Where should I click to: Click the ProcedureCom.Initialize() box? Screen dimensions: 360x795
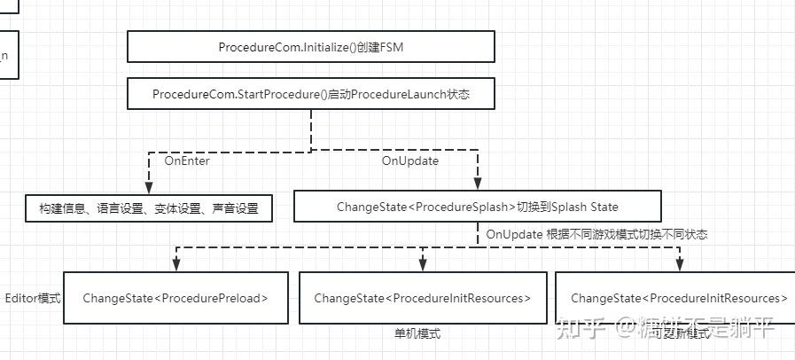pyautogui.click(x=311, y=47)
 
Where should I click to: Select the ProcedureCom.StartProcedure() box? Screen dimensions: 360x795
pyautogui.click(x=311, y=94)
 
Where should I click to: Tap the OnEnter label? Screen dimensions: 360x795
pyautogui.click(x=187, y=160)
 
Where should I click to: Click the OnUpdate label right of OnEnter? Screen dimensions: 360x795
pyautogui.click(x=409, y=160)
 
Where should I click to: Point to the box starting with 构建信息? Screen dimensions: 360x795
pyautogui.click(x=149, y=208)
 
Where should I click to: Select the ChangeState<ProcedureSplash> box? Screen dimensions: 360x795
pyautogui.click(x=477, y=207)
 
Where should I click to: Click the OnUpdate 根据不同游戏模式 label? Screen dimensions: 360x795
pyautogui.click(x=596, y=235)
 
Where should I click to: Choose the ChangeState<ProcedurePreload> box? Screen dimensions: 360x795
pyautogui.click(x=175, y=298)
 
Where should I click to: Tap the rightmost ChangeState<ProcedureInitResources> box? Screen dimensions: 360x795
pyautogui.click(x=678, y=298)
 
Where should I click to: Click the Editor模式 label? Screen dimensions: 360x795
pyautogui.click(x=33, y=298)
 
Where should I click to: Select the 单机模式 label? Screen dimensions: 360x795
pyautogui.click(x=417, y=333)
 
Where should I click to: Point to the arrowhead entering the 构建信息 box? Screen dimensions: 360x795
pyautogui.click(x=149, y=188)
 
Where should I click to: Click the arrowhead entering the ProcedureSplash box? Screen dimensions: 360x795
pyautogui.click(x=477, y=186)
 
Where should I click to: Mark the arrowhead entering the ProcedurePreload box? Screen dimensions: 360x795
pyautogui.click(x=176, y=265)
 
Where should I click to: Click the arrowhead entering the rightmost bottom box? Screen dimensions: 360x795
pyautogui.click(x=680, y=265)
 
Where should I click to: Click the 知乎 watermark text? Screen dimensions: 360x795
pyautogui.click(x=585, y=330)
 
